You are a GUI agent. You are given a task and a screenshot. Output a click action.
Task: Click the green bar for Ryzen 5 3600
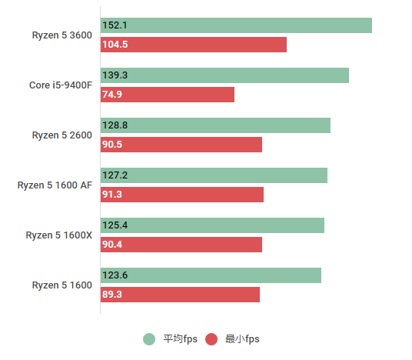click(x=236, y=25)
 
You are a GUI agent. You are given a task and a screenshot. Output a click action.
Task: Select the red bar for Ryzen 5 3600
click(x=194, y=45)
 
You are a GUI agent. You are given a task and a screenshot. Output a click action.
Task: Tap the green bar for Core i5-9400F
click(x=224, y=75)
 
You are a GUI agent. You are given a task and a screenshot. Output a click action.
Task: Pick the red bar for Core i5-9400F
click(x=168, y=95)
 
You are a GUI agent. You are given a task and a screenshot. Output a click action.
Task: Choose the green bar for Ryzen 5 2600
click(x=215, y=125)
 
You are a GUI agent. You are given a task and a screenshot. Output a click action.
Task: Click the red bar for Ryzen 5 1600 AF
click(x=182, y=195)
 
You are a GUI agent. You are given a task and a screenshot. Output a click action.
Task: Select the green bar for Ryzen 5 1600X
click(x=212, y=225)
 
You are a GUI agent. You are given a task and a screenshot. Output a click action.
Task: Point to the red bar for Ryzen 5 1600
click(x=180, y=295)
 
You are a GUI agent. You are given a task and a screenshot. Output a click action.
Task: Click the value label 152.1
click(x=115, y=25)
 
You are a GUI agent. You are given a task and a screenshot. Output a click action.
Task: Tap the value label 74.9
click(x=112, y=95)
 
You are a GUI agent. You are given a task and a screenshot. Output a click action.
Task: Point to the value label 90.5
click(x=112, y=145)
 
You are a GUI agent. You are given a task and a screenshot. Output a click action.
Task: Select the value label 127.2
click(x=115, y=175)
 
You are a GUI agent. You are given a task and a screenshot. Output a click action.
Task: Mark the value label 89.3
click(x=112, y=295)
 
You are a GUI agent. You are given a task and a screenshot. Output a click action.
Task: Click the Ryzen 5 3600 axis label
click(x=61, y=35)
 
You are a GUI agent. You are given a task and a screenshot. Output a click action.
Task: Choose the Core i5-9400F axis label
click(x=60, y=85)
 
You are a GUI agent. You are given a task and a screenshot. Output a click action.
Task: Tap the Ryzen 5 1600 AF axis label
click(x=55, y=185)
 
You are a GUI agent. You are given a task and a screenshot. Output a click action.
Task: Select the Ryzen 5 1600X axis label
click(x=58, y=235)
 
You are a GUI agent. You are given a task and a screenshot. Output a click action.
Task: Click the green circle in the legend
click(x=149, y=339)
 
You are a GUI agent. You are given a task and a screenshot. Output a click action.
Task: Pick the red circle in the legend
click(x=211, y=339)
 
